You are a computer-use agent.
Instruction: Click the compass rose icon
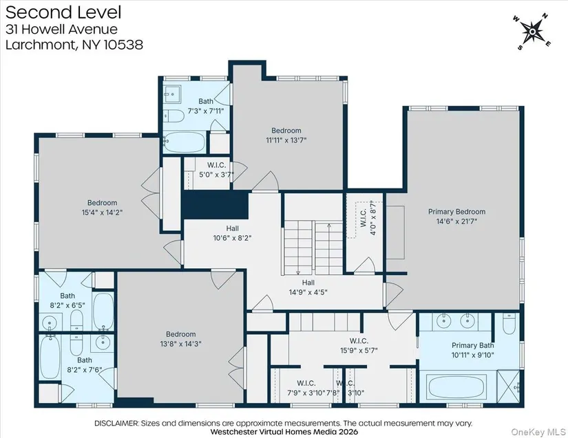pyautogui.click(x=532, y=32)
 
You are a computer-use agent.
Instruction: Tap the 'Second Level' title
pyautogui.click(x=63, y=12)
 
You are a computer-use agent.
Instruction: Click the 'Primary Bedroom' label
pyautogui.click(x=456, y=212)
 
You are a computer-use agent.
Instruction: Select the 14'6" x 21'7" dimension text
pyautogui.click(x=456, y=221)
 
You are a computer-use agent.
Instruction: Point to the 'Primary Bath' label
pyautogui.click(x=472, y=345)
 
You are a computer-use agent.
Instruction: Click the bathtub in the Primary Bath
pyautogui.click(x=457, y=386)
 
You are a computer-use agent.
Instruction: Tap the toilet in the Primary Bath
pyautogui.click(x=509, y=323)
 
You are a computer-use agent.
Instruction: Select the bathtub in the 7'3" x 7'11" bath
pyautogui.click(x=185, y=142)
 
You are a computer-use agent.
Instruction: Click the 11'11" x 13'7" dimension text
pyautogui.click(x=286, y=140)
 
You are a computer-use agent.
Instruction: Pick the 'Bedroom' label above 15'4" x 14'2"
pyautogui.click(x=102, y=203)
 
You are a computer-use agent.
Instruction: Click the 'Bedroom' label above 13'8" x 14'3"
pyautogui.click(x=181, y=334)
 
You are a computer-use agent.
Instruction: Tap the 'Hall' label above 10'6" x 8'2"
pyautogui.click(x=232, y=228)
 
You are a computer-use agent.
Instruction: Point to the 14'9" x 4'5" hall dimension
pyautogui.click(x=308, y=292)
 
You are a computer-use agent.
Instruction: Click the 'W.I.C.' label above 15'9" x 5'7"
pyautogui.click(x=359, y=341)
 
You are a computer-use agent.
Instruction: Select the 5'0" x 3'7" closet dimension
pyautogui.click(x=217, y=175)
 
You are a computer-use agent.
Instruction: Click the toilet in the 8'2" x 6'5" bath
pyautogui.click(x=76, y=320)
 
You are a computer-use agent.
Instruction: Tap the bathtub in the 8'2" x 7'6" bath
pyautogui.click(x=49, y=358)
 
